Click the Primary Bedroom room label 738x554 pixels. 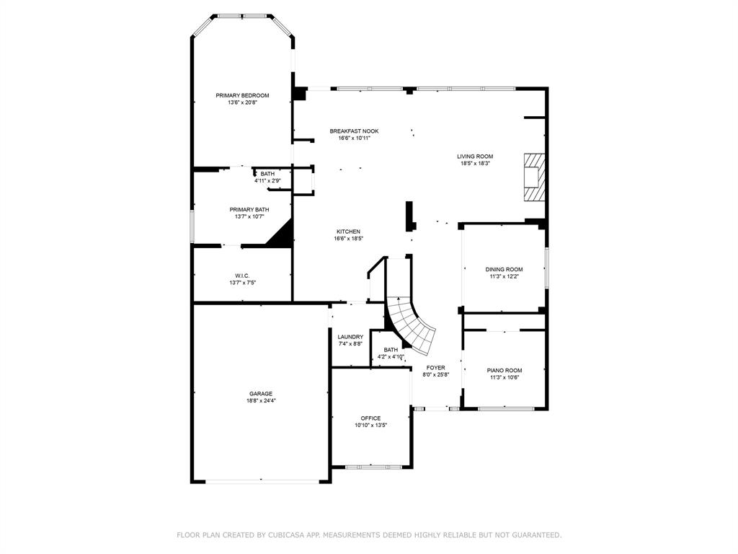[242, 95]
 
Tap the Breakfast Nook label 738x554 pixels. [354, 131]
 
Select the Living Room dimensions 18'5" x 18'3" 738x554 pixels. [475, 164]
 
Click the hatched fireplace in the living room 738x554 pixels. [534, 177]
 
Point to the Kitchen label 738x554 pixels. [348, 232]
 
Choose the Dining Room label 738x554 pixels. [504, 269]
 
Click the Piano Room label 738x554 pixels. [504, 370]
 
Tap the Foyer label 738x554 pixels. [435, 367]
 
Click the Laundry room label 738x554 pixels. [350, 336]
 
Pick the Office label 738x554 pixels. [371, 418]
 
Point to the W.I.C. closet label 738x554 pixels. [242, 275]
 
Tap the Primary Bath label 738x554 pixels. [249, 208]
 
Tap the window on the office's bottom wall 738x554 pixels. [369, 467]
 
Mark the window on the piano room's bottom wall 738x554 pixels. [506, 409]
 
